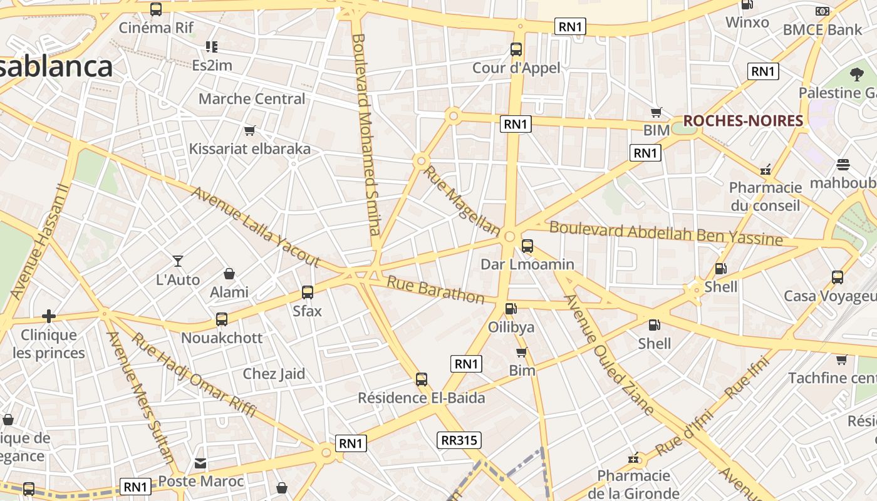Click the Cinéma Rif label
click(x=156, y=28)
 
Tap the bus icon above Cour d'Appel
click(x=516, y=49)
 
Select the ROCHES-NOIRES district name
click(x=743, y=121)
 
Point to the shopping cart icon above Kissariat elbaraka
click(x=250, y=130)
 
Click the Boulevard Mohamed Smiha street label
click(x=366, y=134)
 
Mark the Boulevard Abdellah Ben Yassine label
click(x=666, y=234)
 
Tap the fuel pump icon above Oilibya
click(x=511, y=308)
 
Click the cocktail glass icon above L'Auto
click(x=178, y=261)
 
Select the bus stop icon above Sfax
click(x=308, y=292)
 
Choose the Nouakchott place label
click(x=222, y=338)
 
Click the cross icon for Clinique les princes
click(x=48, y=316)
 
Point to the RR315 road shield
click(x=459, y=440)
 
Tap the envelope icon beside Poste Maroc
click(x=200, y=463)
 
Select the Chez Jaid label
click(x=274, y=374)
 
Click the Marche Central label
click(x=252, y=98)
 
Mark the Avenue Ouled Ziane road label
click(x=609, y=354)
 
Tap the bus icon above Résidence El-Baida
click(x=422, y=379)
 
